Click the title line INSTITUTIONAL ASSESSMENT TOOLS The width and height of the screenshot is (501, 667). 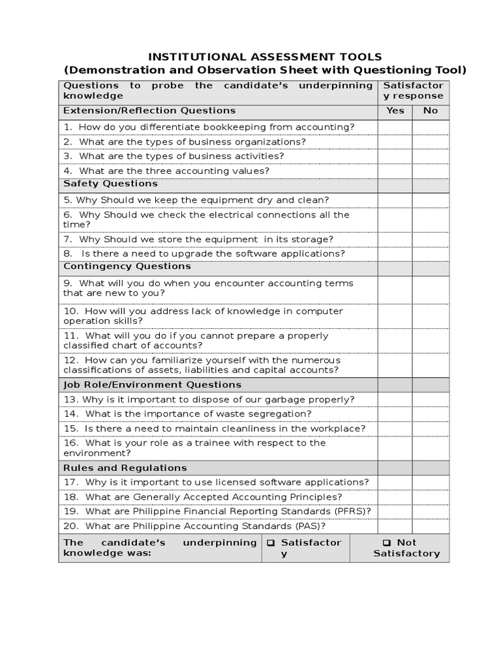[x=264, y=57]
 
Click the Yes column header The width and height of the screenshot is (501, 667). [x=395, y=110]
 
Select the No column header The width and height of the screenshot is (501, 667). [x=431, y=110]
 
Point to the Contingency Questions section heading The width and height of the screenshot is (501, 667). [x=127, y=266]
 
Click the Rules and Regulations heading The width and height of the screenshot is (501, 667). [x=125, y=468]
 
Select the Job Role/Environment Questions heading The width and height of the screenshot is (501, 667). [x=152, y=385]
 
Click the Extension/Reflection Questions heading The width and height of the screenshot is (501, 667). [x=149, y=110]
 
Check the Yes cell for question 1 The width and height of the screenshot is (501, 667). [x=395, y=127]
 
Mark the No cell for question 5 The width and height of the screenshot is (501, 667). [x=431, y=200]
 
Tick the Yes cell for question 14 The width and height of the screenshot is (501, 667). [x=395, y=414]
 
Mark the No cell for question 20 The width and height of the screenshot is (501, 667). [x=431, y=526]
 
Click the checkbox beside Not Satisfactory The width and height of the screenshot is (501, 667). [x=387, y=543]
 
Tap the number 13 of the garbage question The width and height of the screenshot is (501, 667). [x=70, y=399]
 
